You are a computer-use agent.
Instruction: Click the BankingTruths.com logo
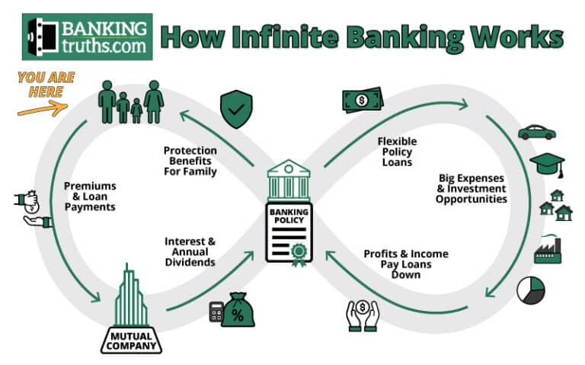pyautogui.click(x=88, y=37)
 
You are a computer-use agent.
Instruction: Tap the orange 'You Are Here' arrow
pyautogui.click(x=43, y=109)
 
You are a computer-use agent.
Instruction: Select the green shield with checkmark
pyautogui.click(x=236, y=109)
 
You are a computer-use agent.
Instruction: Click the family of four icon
pyautogui.click(x=131, y=102)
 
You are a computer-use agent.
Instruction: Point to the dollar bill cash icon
pyautogui.click(x=363, y=100)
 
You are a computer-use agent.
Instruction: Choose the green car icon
pyautogui.click(x=537, y=133)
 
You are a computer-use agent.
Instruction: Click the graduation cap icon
pyautogui.click(x=548, y=165)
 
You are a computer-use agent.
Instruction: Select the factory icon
pyautogui.click(x=548, y=249)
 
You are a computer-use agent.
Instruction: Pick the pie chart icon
pyautogui.click(x=530, y=290)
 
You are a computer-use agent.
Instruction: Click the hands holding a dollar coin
pyautogui.click(x=363, y=315)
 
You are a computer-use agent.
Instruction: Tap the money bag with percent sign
pyautogui.click(x=238, y=310)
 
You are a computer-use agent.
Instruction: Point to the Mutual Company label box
pyautogui.click(x=131, y=341)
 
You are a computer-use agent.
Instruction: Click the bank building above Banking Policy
pyautogui.click(x=289, y=181)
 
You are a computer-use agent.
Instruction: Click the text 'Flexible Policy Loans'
pyautogui.click(x=397, y=152)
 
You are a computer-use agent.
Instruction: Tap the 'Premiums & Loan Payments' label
pyautogui.click(x=90, y=197)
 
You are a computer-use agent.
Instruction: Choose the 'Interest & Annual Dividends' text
pyautogui.click(x=190, y=252)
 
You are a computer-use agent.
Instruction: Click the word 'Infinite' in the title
pyautogui.click(x=285, y=37)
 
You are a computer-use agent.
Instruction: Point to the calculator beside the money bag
pyautogui.click(x=216, y=312)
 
